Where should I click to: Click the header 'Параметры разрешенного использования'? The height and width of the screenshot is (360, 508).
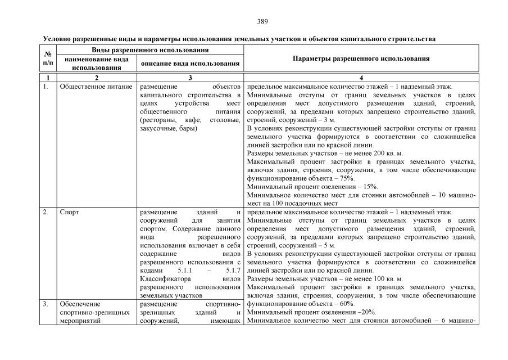[x=360, y=58]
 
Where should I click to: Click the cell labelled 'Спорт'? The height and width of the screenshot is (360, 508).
[x=69, y=213]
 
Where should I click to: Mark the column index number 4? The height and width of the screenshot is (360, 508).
[x=360, y=77]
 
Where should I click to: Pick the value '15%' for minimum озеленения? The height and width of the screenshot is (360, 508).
[x=368, y=187]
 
